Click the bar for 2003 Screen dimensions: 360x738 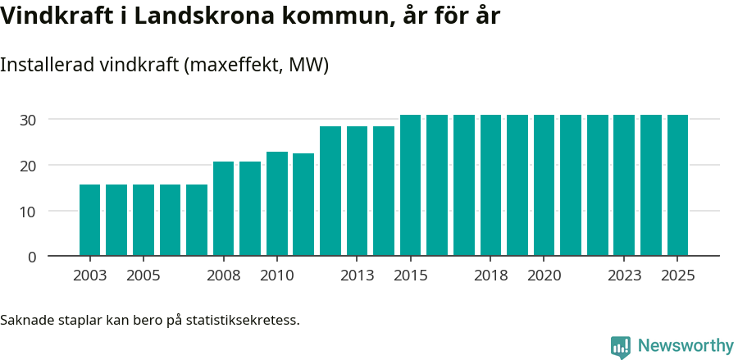click(x=89, y=220)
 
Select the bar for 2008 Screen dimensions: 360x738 click(x=223, y=208)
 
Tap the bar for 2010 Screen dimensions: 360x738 click(x=276, y=203)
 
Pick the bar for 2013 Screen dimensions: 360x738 click(x=357, y=191)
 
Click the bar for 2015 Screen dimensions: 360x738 click(x=410, y=185)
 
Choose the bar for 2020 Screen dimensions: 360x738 click(x=544, y=185)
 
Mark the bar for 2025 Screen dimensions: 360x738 click(x=677, y=185)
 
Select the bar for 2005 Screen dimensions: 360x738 click(x=143, y=220)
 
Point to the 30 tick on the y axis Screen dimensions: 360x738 click(x=29, y=120)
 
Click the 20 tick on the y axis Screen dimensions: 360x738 click(x=29, y=166)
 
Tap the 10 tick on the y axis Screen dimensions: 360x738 click(x=29, y=212)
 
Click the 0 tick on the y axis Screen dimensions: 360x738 click(x=32, y=257)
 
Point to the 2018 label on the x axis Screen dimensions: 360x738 click(x=490, y=276)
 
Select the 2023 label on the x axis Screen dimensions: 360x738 click(x=624, y=276)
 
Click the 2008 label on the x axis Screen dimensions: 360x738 click(x=223, y=276)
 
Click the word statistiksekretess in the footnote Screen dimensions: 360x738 click(x=243, y=320)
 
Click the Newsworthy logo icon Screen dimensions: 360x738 click(x=621, y=347)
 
